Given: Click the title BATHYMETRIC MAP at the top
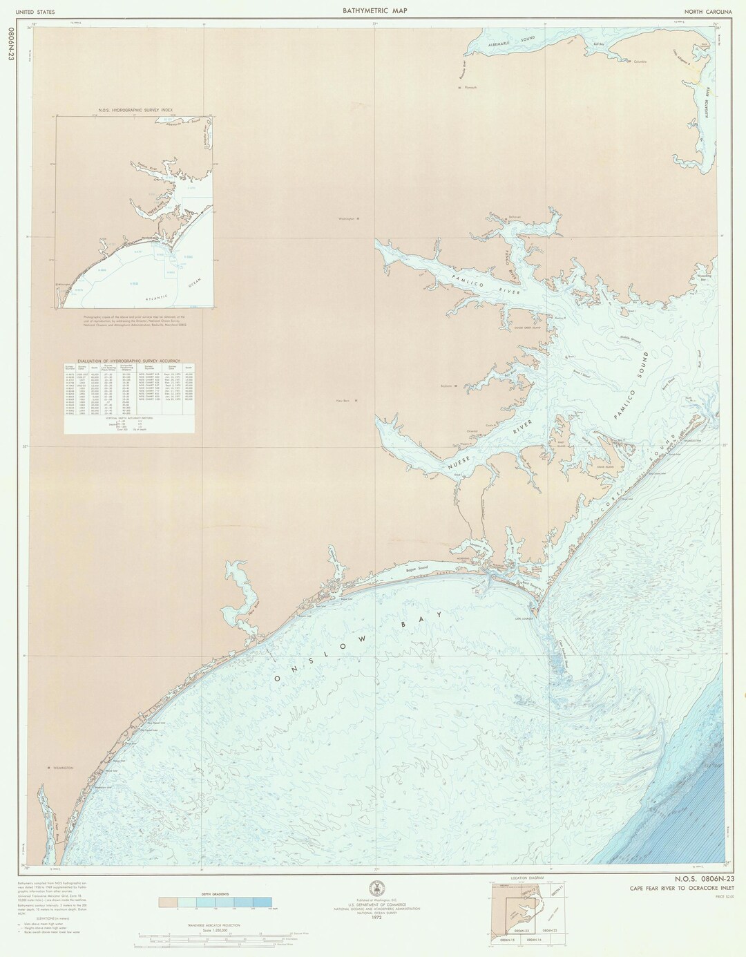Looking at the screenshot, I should [x=374, y=10].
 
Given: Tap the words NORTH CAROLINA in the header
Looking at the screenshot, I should [x=708, y=12].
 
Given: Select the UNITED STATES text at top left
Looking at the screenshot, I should [x=35, y=12].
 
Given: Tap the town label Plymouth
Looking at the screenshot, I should [x=470, y=88].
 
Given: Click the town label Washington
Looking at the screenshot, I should [x=347, y=219].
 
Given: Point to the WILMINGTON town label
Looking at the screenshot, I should [x=60, y=768].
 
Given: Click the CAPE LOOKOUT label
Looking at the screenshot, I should [x=522, y=618].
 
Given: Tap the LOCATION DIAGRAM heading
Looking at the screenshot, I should [x=524, y=878].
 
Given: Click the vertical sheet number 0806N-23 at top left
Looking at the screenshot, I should [x=10, y=45].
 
